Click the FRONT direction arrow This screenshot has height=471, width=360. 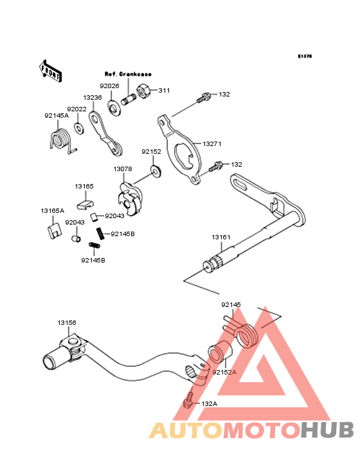pos(50,71)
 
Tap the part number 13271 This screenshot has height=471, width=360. pos(212,144)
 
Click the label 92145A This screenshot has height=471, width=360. pos(57,116)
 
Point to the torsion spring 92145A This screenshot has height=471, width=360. pos(61,140)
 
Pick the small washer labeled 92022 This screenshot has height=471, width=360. pos(79,128)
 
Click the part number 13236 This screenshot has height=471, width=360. pos(93,98)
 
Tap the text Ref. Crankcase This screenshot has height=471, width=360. pos(128,74)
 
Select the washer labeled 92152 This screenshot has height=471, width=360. pos(156,171)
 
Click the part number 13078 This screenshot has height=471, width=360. pos(123,169)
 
